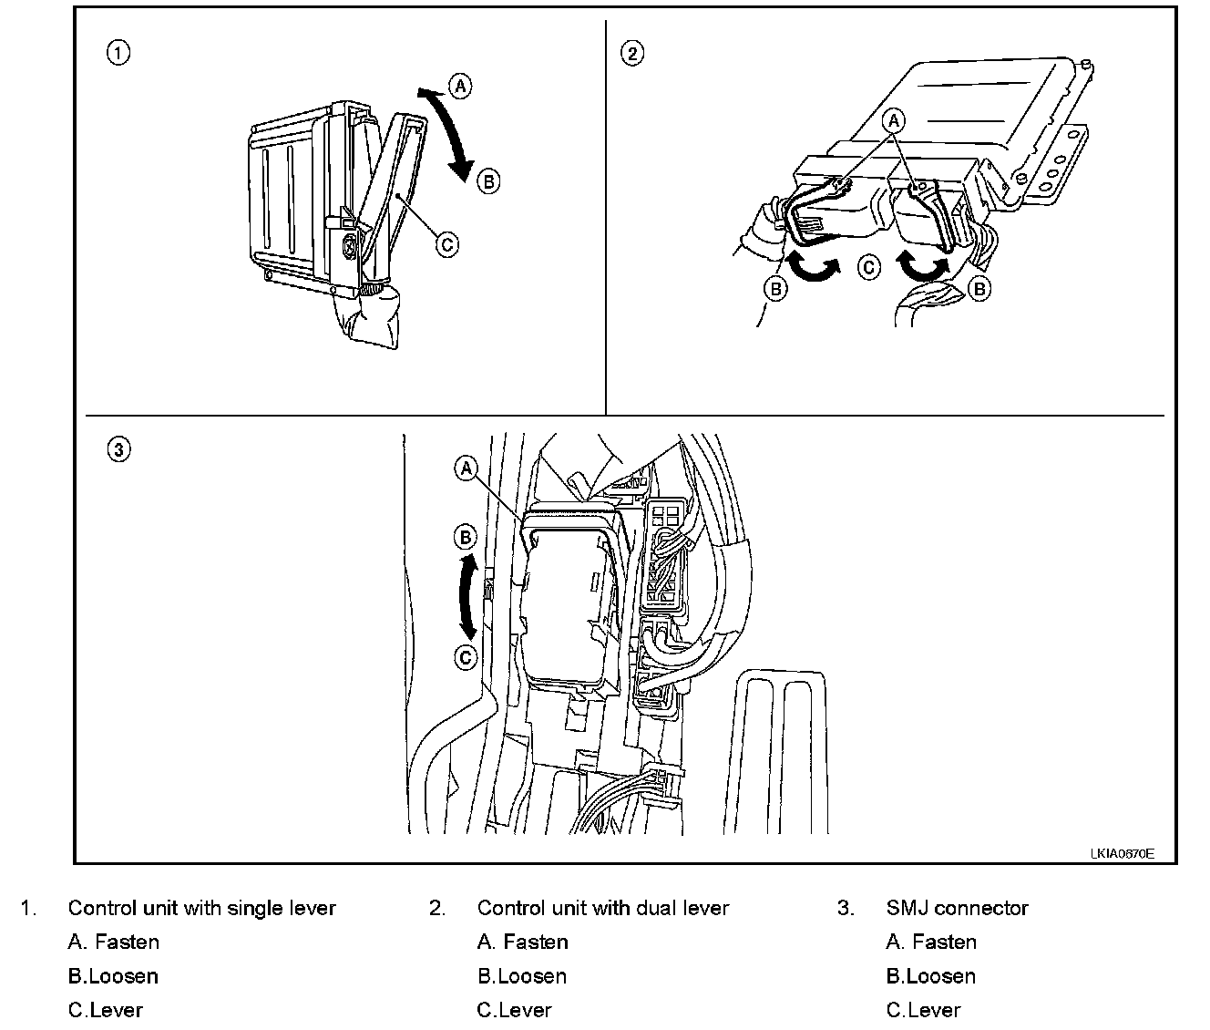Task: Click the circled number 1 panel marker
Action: (118, 53)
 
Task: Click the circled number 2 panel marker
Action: (631, 53)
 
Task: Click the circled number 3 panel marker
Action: (118, 448)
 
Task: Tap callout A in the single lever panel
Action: (460, 87)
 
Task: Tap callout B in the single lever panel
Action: (488, 180)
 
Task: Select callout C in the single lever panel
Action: (446, 243)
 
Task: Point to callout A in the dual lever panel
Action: (895, 120)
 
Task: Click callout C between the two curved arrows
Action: (869, 267)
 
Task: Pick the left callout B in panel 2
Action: (775, 289)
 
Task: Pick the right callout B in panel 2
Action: (979, 289)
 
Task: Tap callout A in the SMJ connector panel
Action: (466, 469)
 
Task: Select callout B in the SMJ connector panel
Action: (466, 537)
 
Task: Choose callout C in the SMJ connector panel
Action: (466, 657)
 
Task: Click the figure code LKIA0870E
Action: (1122, 854)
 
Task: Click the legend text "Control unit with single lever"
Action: (201, 908)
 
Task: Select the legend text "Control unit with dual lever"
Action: (603, 908)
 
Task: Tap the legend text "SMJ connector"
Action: (957, 908)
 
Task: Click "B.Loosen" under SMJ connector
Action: (930, 976)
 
